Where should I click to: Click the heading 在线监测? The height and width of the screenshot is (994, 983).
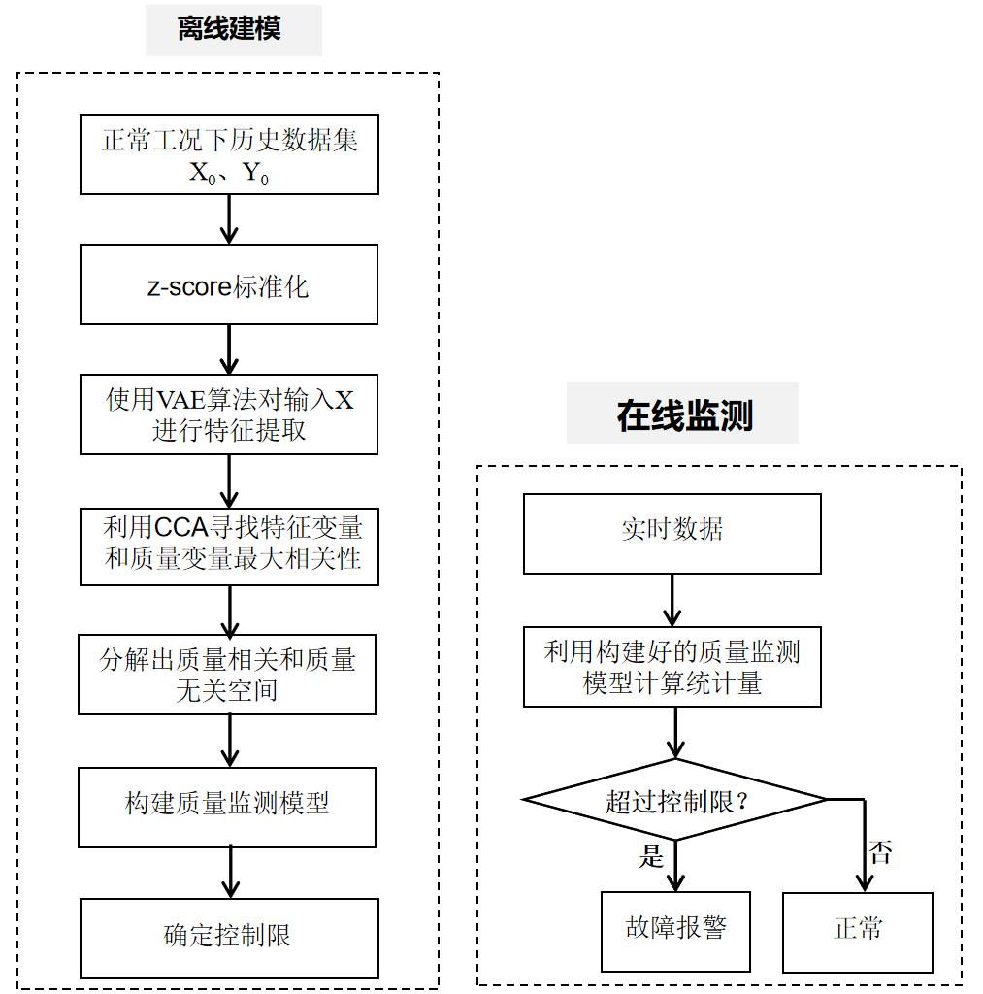(684, 415)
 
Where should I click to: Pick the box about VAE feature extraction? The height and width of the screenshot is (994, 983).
(229, 414)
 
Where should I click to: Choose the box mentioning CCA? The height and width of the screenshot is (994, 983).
(229, 546)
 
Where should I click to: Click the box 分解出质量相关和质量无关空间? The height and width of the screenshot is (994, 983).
(227, 675)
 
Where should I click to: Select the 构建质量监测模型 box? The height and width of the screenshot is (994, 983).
(227, 806)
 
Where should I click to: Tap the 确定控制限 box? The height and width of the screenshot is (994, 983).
(229, 938)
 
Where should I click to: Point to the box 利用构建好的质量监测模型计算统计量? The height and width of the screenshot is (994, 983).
(672, 666)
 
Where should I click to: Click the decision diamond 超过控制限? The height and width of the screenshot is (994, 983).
(673, 801)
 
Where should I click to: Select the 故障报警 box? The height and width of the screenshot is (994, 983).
(675, 931)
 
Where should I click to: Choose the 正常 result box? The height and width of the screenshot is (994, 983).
(858, 931)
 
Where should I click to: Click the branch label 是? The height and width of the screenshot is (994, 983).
(651, 855)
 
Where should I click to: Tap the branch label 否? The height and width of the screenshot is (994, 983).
(880, 853)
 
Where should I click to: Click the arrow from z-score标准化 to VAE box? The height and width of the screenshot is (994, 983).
(229, 349)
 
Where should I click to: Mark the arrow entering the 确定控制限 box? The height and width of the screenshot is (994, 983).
(230, 871)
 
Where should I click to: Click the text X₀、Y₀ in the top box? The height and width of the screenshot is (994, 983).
(229, 177)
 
